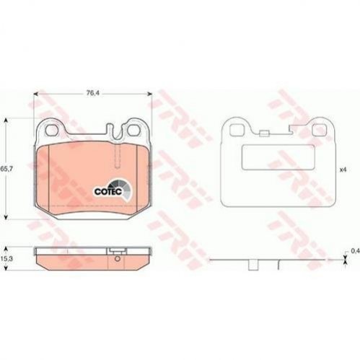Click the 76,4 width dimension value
coord(92,93)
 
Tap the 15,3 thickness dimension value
coord(6,258)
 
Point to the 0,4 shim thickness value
coord(355,251)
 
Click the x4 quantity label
coord(343,170)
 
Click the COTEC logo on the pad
coord(113,190)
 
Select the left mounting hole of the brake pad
coord(52,131)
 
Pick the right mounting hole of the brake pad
coord(133,131)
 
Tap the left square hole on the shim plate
coord(235,130)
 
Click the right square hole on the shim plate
coord(317,130)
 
